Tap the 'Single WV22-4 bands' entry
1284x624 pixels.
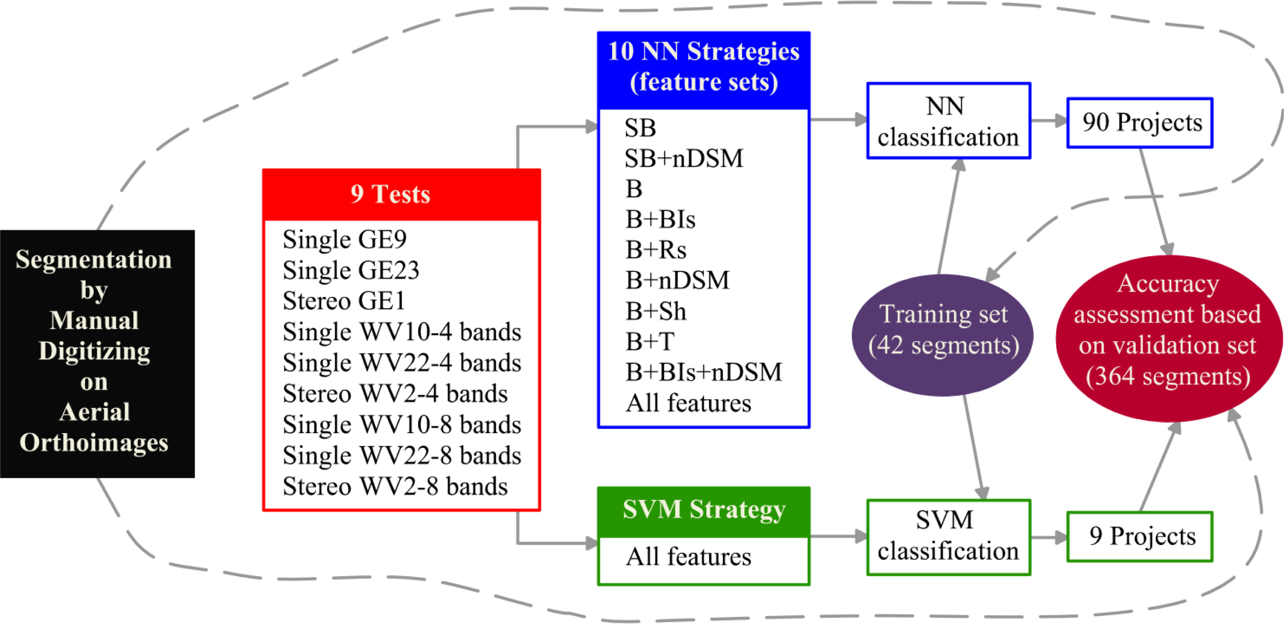[401, 363]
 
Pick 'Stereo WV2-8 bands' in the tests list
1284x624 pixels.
[395, 487]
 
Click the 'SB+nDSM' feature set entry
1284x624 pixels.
[683, 159]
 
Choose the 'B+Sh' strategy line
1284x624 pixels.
[656, 311]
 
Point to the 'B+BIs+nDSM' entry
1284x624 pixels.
[703, 372]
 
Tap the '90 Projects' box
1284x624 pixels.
[1139, 123]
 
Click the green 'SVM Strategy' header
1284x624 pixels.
[703, 510]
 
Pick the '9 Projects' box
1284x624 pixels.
[1139, 536]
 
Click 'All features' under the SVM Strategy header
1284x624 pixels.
[688, 557]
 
